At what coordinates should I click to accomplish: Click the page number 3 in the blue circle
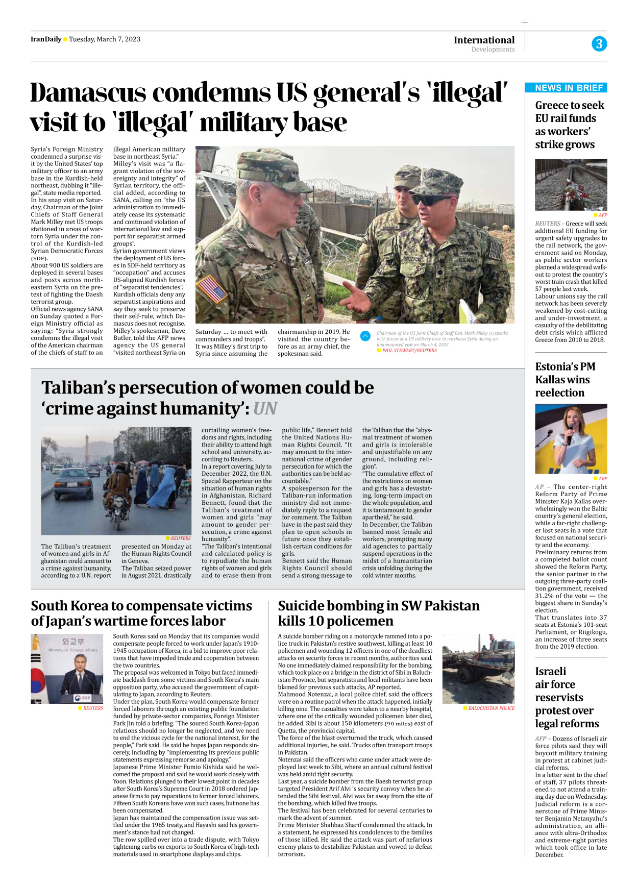click(x=599, y=44)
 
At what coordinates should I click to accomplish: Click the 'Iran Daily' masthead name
click(x=45, y=39)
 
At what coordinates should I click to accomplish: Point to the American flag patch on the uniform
click(x=212, y=288)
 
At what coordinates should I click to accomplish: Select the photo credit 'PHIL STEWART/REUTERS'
click(x=409, y=351)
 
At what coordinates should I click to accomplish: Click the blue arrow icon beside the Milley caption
click(x=365, y=336)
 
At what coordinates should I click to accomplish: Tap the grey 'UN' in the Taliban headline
click(x=265, y=409)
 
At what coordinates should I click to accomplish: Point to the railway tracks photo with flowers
click(x=571, y=185)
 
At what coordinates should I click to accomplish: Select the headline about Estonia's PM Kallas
click(x=565, y=380)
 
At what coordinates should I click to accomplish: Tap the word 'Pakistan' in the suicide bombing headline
click(x=452, y=606)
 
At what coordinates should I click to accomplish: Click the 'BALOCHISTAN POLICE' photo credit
click(x=491, y=708)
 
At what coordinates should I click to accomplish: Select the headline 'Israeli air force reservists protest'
click(x=567, y=697)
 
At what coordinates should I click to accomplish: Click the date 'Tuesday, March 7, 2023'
click(x=105, y=39)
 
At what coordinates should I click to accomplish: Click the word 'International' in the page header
click(x=484, y=40)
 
